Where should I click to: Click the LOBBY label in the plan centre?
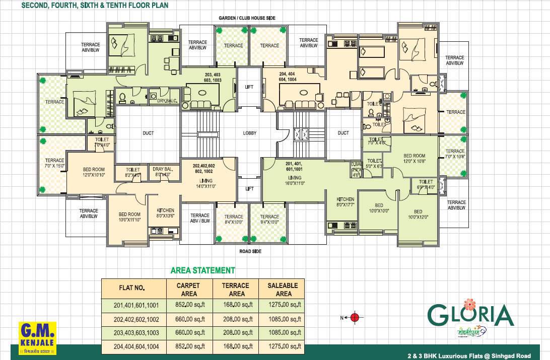[250, 133]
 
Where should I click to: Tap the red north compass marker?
[355, 317]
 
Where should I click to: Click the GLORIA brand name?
[470, 316]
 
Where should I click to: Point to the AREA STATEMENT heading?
[202, 270]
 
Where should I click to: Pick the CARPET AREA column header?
[188, 290]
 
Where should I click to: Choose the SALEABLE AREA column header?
[284, 290]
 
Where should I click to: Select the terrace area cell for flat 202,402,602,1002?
[237, 319]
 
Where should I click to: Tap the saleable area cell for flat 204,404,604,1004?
[284, 346]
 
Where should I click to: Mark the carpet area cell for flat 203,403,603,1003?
[188, 333]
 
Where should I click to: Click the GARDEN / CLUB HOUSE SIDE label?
[247, 18]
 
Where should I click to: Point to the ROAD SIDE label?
[250, 251]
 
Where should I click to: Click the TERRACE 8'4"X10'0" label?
[233, 220]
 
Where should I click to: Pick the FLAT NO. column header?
[132, 288]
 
